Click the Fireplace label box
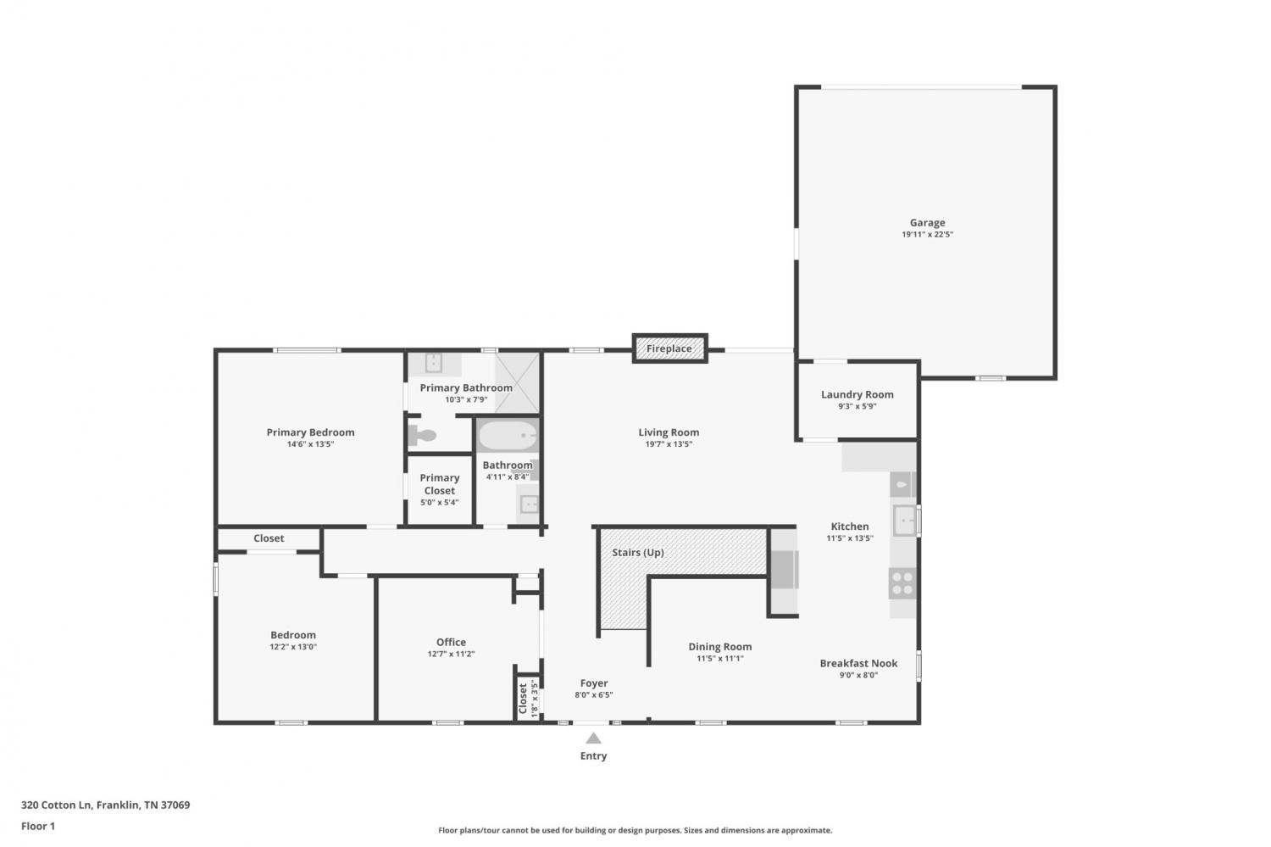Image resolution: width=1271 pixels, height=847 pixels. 669,348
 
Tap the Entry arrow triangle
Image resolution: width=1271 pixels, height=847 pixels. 593,738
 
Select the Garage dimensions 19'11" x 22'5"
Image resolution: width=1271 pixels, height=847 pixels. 927,235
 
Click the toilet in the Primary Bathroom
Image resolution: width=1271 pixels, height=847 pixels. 422,436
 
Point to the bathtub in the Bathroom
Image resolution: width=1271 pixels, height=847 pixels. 508,436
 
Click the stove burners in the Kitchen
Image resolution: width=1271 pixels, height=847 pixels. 902,583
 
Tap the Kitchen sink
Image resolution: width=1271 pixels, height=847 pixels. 904,520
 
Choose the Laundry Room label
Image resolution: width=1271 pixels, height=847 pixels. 857,394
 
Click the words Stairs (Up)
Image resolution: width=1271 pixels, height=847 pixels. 638,552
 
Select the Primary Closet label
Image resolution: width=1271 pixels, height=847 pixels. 440,484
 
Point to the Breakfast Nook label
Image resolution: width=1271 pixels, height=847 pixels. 858,663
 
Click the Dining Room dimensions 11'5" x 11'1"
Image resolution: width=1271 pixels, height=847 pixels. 720,659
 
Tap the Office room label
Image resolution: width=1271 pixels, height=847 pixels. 451,642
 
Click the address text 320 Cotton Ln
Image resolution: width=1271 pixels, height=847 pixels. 56,805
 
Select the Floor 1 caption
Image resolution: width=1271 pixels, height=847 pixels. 38,826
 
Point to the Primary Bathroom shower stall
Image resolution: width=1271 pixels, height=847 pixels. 517,382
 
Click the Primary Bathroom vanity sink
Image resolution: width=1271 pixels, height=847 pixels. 434,363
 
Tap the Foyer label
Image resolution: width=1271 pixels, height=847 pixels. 593,683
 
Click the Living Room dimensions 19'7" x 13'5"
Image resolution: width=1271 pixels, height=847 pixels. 669,444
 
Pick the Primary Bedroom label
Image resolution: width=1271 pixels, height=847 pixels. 310,432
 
